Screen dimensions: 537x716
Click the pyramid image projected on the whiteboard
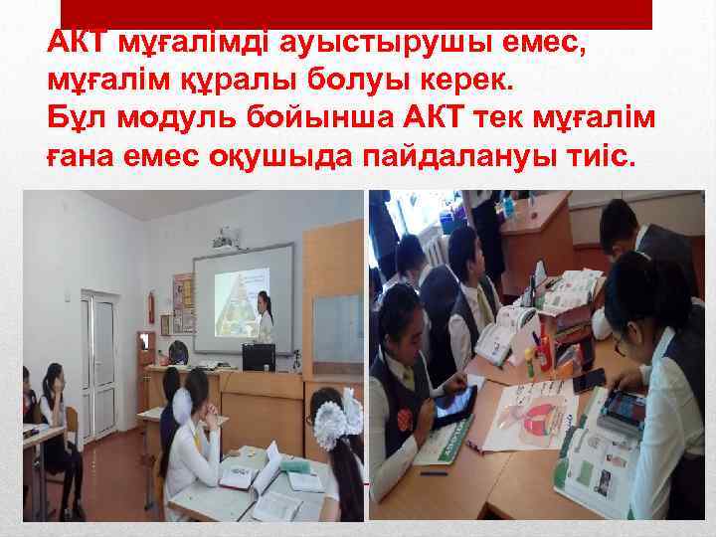coord(236,297)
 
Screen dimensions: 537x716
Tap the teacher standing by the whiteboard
coord(264,316)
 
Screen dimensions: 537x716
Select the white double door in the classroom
coord(98,348)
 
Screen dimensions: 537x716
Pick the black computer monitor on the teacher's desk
coord(258,356)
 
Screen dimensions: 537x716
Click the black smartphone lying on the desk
coord(589,380)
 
